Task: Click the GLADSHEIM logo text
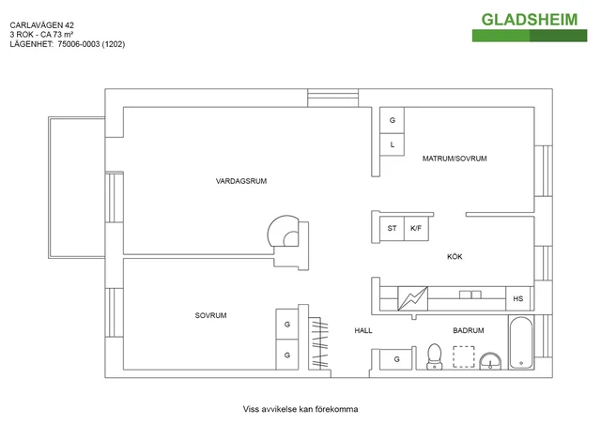point(530,20)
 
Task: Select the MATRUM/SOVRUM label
point(455,159)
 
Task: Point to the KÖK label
point(455,256)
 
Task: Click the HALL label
point(363,331)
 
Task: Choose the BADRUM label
point(468,331)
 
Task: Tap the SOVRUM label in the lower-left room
point(211,315)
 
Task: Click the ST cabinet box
point(392,228)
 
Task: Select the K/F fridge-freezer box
point(417,228)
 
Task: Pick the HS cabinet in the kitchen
point(517,299)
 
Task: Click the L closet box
point(393,144)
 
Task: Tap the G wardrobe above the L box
point(393,122)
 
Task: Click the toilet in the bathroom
point(434,356)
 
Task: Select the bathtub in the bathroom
point(520,343)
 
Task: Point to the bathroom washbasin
point(489,360)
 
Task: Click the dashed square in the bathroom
point(463,356)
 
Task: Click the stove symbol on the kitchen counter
point(412,297)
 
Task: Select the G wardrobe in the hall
point(396,358)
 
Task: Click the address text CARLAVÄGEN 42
point(40,24)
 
